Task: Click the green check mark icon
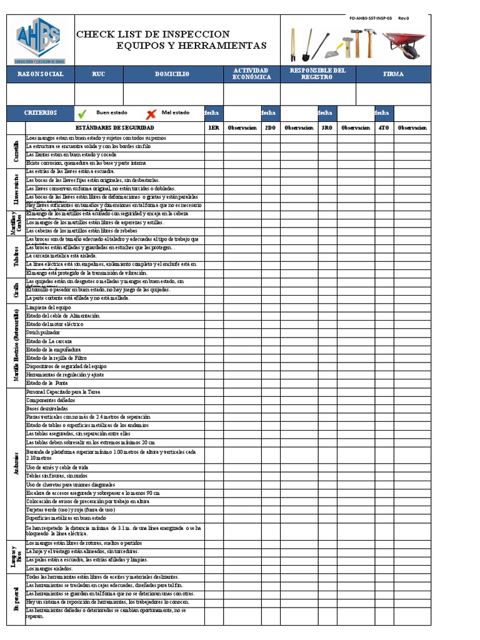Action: coord(82,114)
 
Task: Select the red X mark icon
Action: coord(151,114)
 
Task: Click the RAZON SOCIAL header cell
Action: coord(40,74)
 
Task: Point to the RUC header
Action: coord(99,74)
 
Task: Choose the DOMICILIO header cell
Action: coord(172,74)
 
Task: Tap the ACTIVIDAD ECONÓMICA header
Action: coord(251,74)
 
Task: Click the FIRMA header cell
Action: coord(393,74)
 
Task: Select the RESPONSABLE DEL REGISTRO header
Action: coord(317,74)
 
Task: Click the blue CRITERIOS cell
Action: coord(40,113)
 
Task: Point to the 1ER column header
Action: coord(214,128)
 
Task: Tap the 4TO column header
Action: coord(383,128)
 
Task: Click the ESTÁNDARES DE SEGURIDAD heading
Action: coord(114,128)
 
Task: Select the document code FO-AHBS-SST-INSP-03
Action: coord(371,19)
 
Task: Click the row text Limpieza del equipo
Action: coord(49,308)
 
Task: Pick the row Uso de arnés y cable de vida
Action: coord(57,467)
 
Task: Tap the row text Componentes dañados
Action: coord(51,400)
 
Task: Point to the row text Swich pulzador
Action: coord(44,333)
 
